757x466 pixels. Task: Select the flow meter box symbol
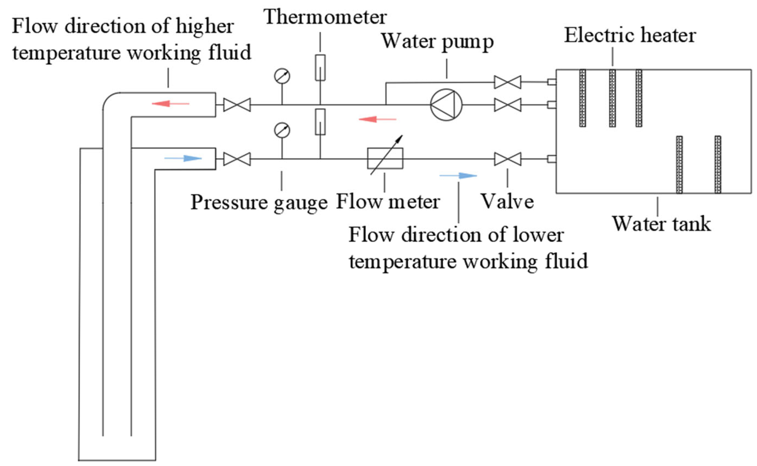pyautogui.click(x=385, y=159)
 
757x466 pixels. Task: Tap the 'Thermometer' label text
pyautogui.click(x=325, y=17)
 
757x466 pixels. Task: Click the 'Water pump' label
pyautogui.click(x=438, y=42)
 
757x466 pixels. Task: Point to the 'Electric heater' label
pyautogui.click(x=630, y=35)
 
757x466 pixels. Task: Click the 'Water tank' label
pyautogui.click(x=661, y=223)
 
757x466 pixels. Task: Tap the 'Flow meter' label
pyautogui.click(x=388, y=202)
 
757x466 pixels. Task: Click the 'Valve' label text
pyautogui.click(x=508, y=202)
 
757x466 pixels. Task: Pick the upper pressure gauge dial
pyautogui.click(x=282, y=76)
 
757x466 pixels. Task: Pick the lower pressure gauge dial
pyautogui.click(x=282, y=130)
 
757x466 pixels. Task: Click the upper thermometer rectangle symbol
pyautogui.click(x=320, y=68)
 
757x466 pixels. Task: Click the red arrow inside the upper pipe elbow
pyautogui.click(x=170, y=103)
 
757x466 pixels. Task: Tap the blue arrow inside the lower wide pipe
pyautogui.click(x=183, y=159)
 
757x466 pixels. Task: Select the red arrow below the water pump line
pyautogui.click(x=378, y=119)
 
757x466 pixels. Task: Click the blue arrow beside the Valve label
pyautogui.click(x=458, y=176)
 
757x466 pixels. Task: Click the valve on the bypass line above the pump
pyautogui.click(x=508, y=82)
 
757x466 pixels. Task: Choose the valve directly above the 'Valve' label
pyautogui.click(x=508, y=159)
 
